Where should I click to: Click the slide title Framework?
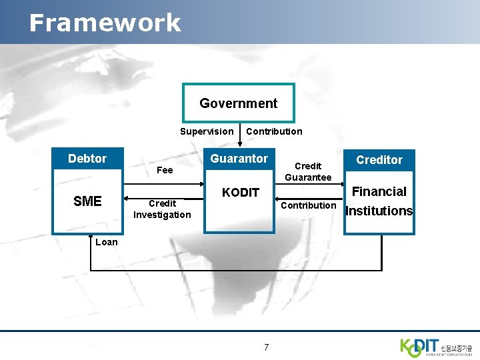coord(105,23)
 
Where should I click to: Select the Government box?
coord(238,103)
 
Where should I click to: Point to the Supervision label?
coord(207,131)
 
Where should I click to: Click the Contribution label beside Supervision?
coord(274,131)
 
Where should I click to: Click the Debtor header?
coord(87,159)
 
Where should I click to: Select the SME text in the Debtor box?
coord(87,201)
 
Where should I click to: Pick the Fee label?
coord(164,170)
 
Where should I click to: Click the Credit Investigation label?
coord(162,209)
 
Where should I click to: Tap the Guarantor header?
coord(239,159)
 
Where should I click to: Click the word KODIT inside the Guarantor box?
coord(240,193)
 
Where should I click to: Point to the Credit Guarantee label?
coord(308,171)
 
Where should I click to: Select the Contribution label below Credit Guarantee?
coord(308,205)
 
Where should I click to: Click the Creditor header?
coord(379,160)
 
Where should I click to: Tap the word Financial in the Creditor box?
coord(379,192)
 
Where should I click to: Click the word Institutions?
coord(379,211)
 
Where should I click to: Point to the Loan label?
coord(106,242)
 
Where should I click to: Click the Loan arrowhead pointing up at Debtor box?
coord(91,239)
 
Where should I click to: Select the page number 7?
coord(266,347)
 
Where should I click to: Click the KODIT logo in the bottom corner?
coord(436,346)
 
